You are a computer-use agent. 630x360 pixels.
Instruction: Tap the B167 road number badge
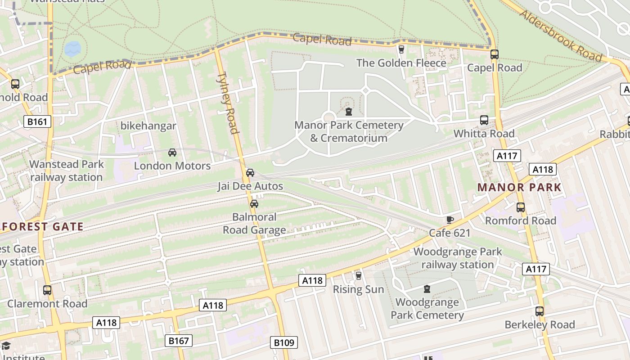[178, 341]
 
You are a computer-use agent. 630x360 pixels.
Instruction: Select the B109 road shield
[284, 343]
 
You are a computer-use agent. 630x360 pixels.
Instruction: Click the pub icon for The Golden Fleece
[401, 49]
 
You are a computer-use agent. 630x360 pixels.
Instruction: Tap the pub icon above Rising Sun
[358, 275]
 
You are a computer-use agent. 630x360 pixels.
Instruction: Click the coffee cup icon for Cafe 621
[450, 220]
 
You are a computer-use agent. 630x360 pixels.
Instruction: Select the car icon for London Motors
[172, 153]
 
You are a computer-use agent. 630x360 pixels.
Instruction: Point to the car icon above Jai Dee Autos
[250, 173]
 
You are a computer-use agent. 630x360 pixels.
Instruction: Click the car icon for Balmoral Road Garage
[254, 204]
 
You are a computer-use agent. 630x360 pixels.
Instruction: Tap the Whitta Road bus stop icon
[484, 120]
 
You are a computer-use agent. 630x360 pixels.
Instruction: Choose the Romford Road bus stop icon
[521, 207]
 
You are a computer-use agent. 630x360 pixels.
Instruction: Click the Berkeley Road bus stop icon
[539, 311]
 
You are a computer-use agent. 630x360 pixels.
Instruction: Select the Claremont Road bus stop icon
[47, 290]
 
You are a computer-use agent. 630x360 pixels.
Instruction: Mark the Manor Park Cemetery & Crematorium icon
[348, 111]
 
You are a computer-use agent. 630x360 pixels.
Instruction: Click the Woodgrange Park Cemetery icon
[427, 288]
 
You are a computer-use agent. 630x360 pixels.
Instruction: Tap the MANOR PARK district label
[519, 188]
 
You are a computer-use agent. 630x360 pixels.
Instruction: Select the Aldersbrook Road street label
[560, 35]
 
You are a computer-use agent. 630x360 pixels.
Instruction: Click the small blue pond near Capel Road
[72, 49]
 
